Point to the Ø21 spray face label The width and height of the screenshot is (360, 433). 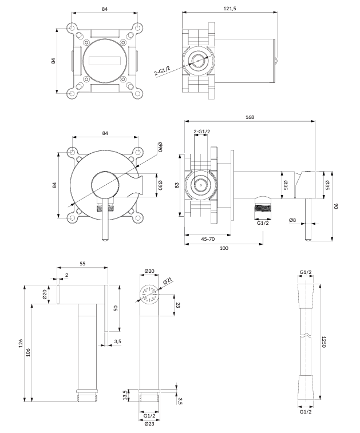(x=168, y=280)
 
